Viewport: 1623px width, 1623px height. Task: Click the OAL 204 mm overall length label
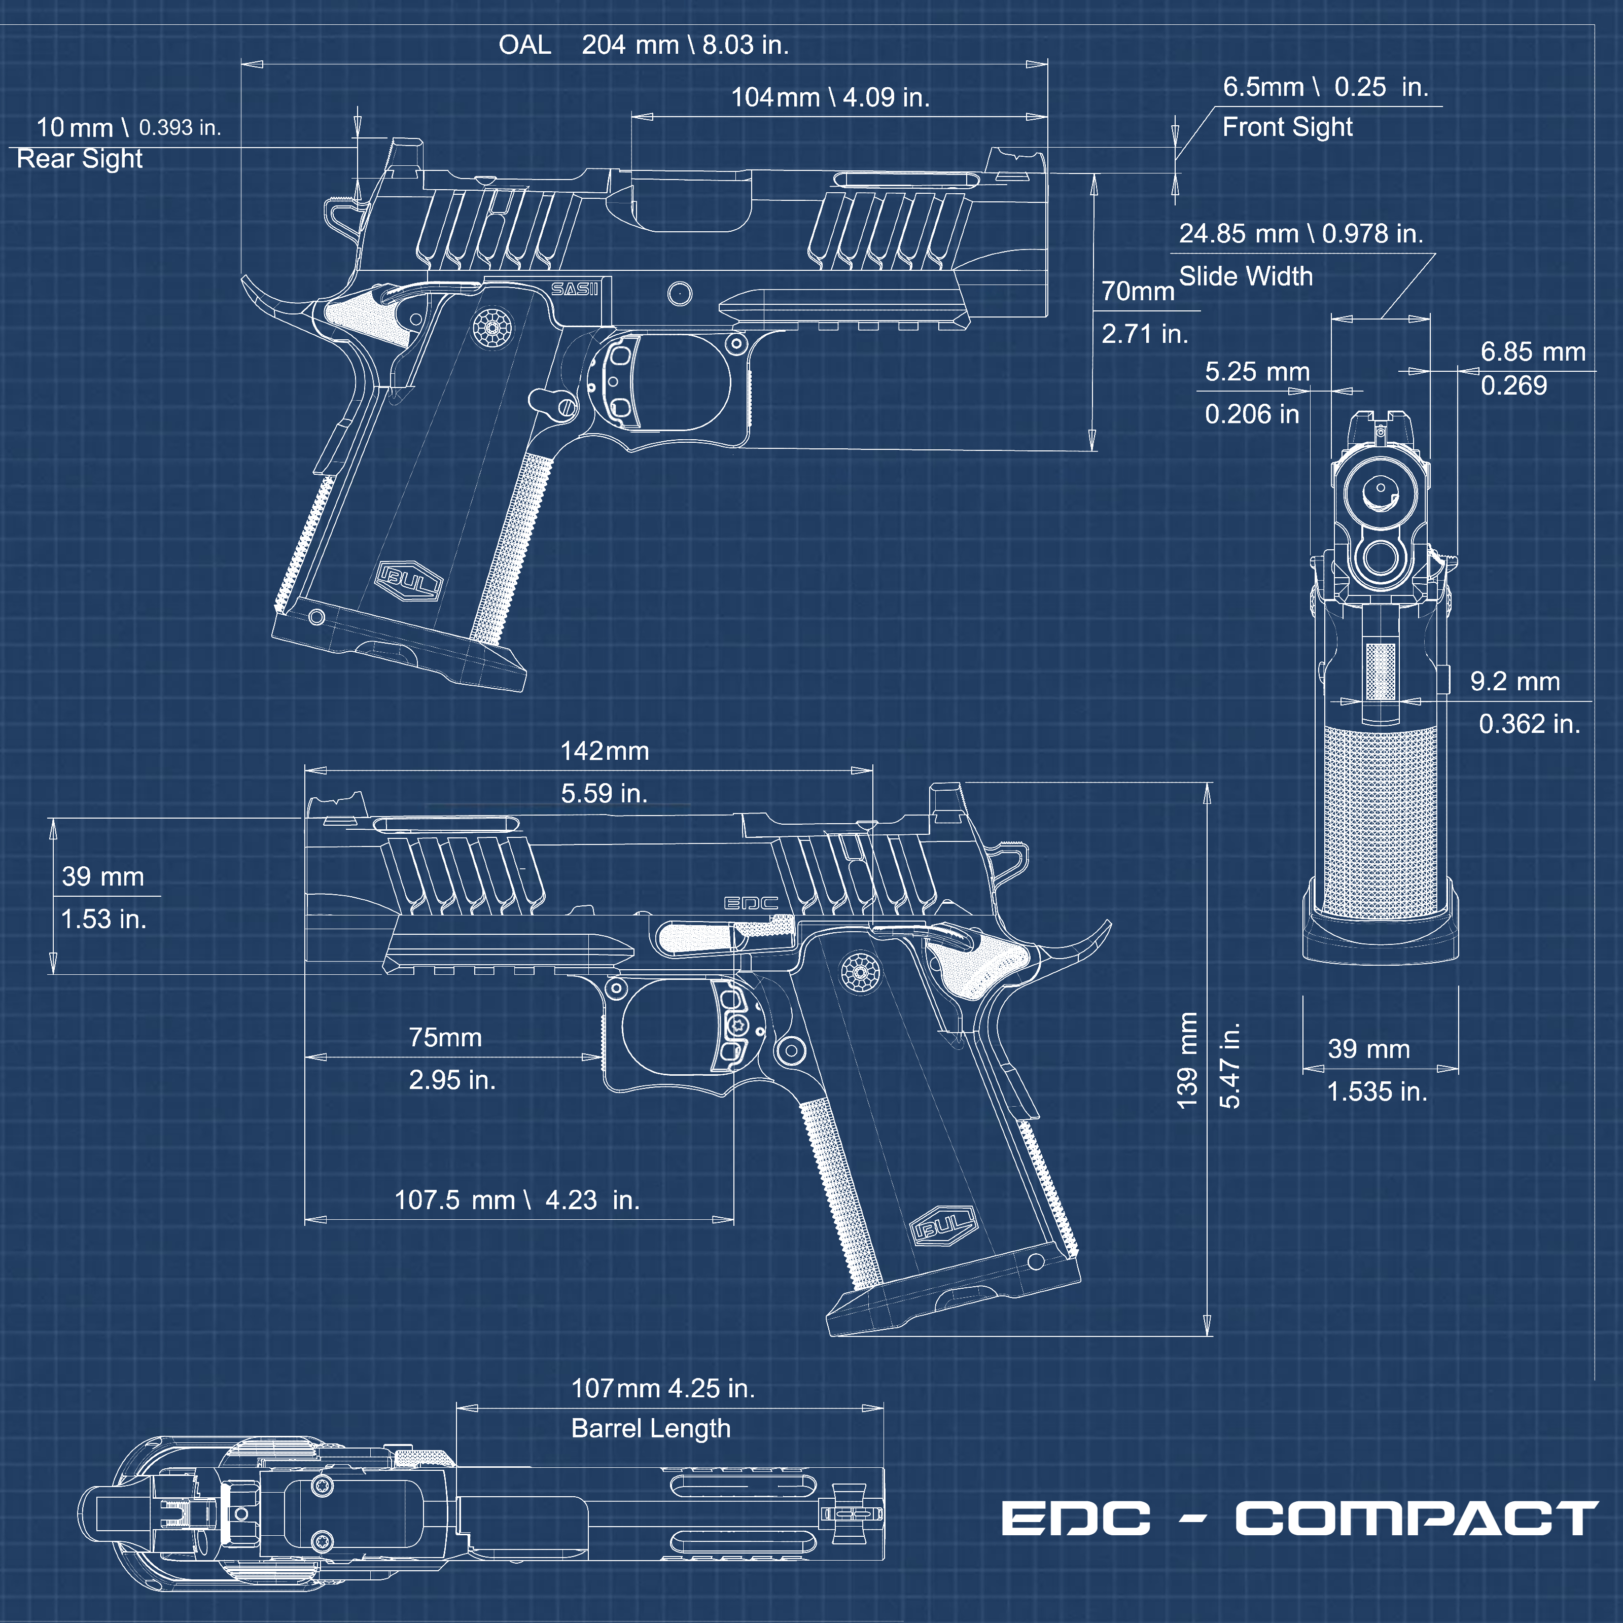pos(644,45)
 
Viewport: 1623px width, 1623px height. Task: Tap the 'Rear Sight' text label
pos(80,159)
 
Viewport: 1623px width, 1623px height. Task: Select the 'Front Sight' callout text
pos(1287,127)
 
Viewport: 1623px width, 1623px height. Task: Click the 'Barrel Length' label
pos(651,1428)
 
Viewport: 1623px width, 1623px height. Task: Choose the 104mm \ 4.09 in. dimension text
pos(830,97)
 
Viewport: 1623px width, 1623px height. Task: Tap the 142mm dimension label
pos(605,751)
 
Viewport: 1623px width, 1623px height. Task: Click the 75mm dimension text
pos(445,1038)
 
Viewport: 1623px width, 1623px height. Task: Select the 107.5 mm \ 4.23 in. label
pos(517,1199)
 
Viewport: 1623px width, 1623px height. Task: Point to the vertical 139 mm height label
pos(1186,1060)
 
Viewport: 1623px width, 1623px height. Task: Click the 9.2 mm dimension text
pos(1514,681)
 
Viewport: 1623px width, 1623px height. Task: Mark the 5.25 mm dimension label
pos(1257,371)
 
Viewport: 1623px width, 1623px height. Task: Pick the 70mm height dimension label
pos(1138,292)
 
